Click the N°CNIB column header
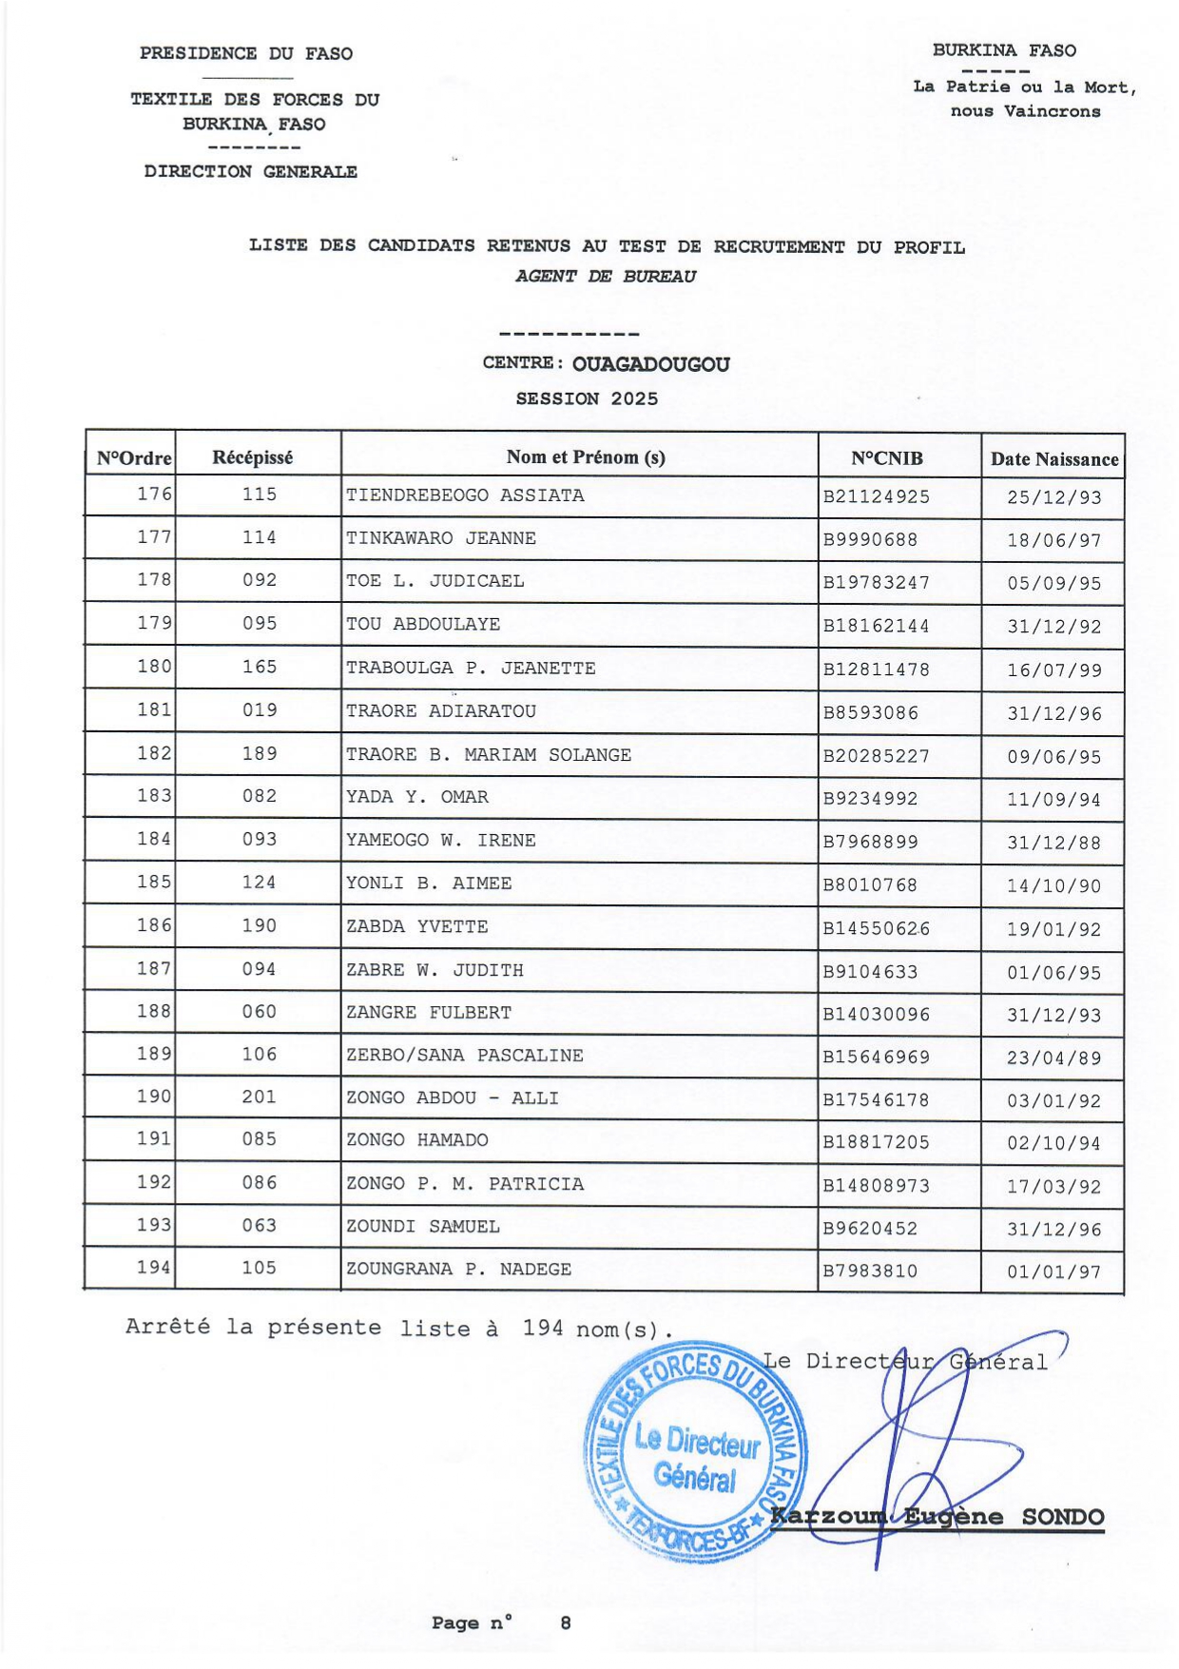coord(886,458)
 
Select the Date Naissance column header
coord(1053,459)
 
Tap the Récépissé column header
coord(252,457)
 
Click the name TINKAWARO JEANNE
coord(440,538)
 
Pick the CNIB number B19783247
coord(876,583)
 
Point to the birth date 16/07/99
coord(1053,670)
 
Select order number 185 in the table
coord(154,883)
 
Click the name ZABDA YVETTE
coord(416,926)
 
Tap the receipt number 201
coord(259,1097)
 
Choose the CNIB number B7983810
coord(870,1271)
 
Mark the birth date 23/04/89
coord(1053,1058)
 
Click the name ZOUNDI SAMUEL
coord(422,1227)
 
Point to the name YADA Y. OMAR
coord(416,797)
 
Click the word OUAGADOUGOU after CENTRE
coord(650,364)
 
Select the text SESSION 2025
coord(587,399)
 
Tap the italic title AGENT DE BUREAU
coord(605,277)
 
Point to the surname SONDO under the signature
coord(1062,1517)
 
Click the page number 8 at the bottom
coord(566,1623)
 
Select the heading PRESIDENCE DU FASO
coord(245,54)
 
